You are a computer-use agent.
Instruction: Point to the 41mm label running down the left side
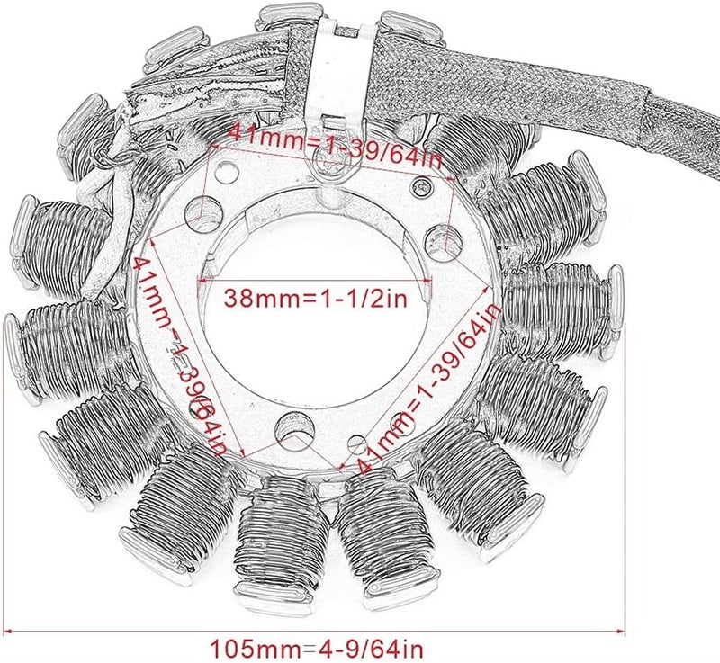coord(185,355)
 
